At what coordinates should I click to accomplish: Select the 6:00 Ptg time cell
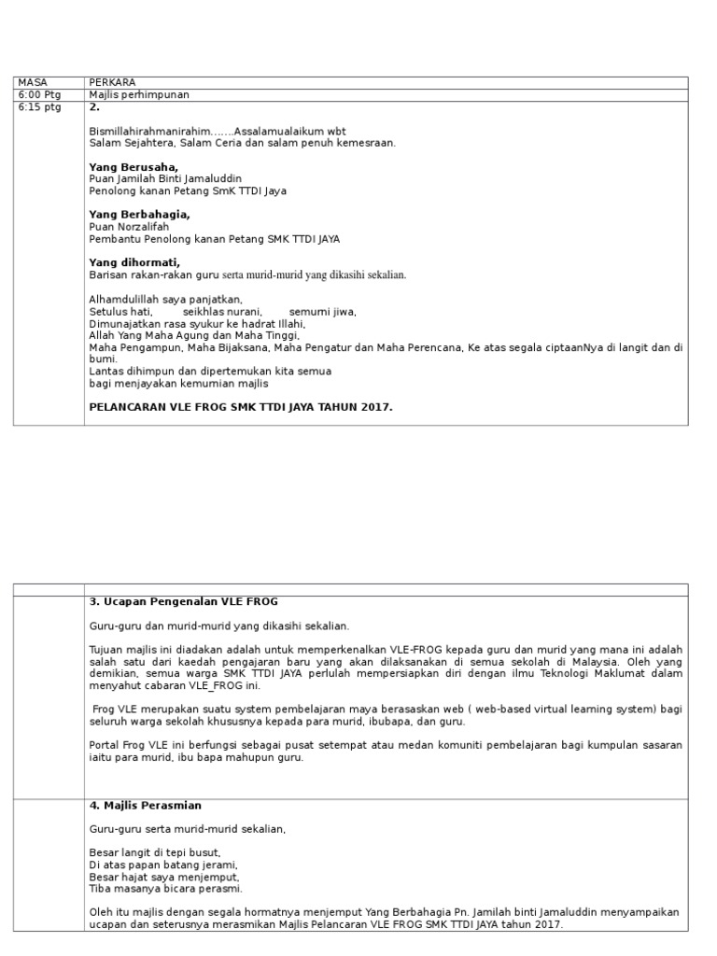(38, 94)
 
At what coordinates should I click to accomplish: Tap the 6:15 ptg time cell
(38, 107)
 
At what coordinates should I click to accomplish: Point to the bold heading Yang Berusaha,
(133, 167)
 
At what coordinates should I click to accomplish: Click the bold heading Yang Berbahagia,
(139, 215)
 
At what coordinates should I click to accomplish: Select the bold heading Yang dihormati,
(134, 262)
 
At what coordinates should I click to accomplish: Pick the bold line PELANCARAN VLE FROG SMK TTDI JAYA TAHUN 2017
(241, 407)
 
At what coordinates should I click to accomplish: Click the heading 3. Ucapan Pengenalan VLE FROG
(183, 601)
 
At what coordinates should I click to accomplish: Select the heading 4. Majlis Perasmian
(145, 805)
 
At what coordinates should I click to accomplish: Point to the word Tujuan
(105, 650)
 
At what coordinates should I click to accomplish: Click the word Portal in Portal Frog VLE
(104, 745)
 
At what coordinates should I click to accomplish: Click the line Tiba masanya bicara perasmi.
(165, 889)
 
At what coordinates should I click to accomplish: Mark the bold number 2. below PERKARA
(93, 107)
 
